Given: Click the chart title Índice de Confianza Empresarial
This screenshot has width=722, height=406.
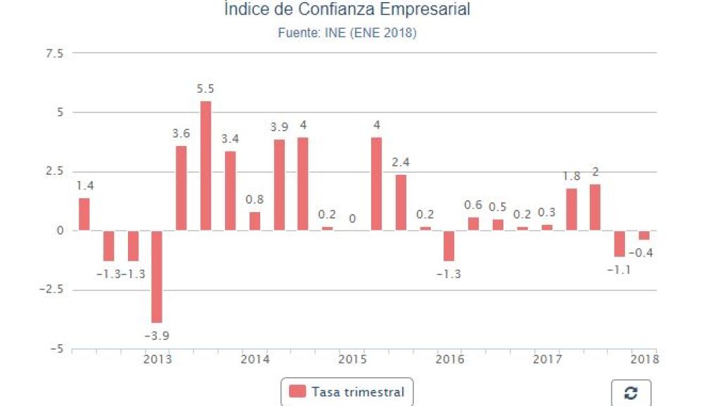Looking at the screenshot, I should click(x=347, y=10).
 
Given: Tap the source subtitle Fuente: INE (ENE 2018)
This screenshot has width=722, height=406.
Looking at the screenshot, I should click(x=347, y=33).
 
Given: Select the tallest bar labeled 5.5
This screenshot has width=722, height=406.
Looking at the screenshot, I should click(x=205, y=166).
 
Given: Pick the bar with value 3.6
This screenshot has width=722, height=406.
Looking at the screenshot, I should click(x=181, y=188).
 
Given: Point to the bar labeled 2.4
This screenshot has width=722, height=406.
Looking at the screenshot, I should click(x=401, y=202).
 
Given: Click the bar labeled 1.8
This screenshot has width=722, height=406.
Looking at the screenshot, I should click(x=572, y=209).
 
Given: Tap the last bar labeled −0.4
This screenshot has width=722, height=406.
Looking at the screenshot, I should click(x=644, y=235).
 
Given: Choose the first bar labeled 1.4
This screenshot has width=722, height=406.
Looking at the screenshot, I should click(x=84, y=214).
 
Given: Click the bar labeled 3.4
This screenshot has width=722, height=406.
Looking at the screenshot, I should click(x=230, y=190).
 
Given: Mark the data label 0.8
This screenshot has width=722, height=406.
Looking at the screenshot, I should click(x=254, y=199).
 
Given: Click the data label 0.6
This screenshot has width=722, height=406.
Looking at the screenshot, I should click(x=473, y=205).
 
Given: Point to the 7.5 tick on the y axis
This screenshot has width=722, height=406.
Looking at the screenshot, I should click(x=54, y=53).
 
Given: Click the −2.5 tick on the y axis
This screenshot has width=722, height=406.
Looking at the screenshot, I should click(x=51, y=290).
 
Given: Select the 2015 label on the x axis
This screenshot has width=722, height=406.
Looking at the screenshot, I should click(x=352, y=360).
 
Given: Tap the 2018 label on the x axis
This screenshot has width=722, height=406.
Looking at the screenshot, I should click(x=645, y=360).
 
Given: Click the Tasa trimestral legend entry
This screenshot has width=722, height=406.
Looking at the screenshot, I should click(x=347, y=392).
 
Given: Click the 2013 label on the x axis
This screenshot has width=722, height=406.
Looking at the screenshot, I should click(x=157, y=360).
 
